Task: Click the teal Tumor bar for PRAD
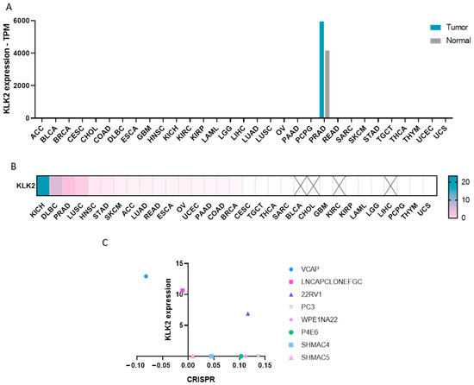coord(321,70)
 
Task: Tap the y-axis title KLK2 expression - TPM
coord(7,69)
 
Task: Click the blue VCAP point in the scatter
coord(146,276)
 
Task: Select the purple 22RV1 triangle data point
coord(248,313)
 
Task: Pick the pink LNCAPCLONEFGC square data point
coord(183,291)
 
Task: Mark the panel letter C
coord(105,243)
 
